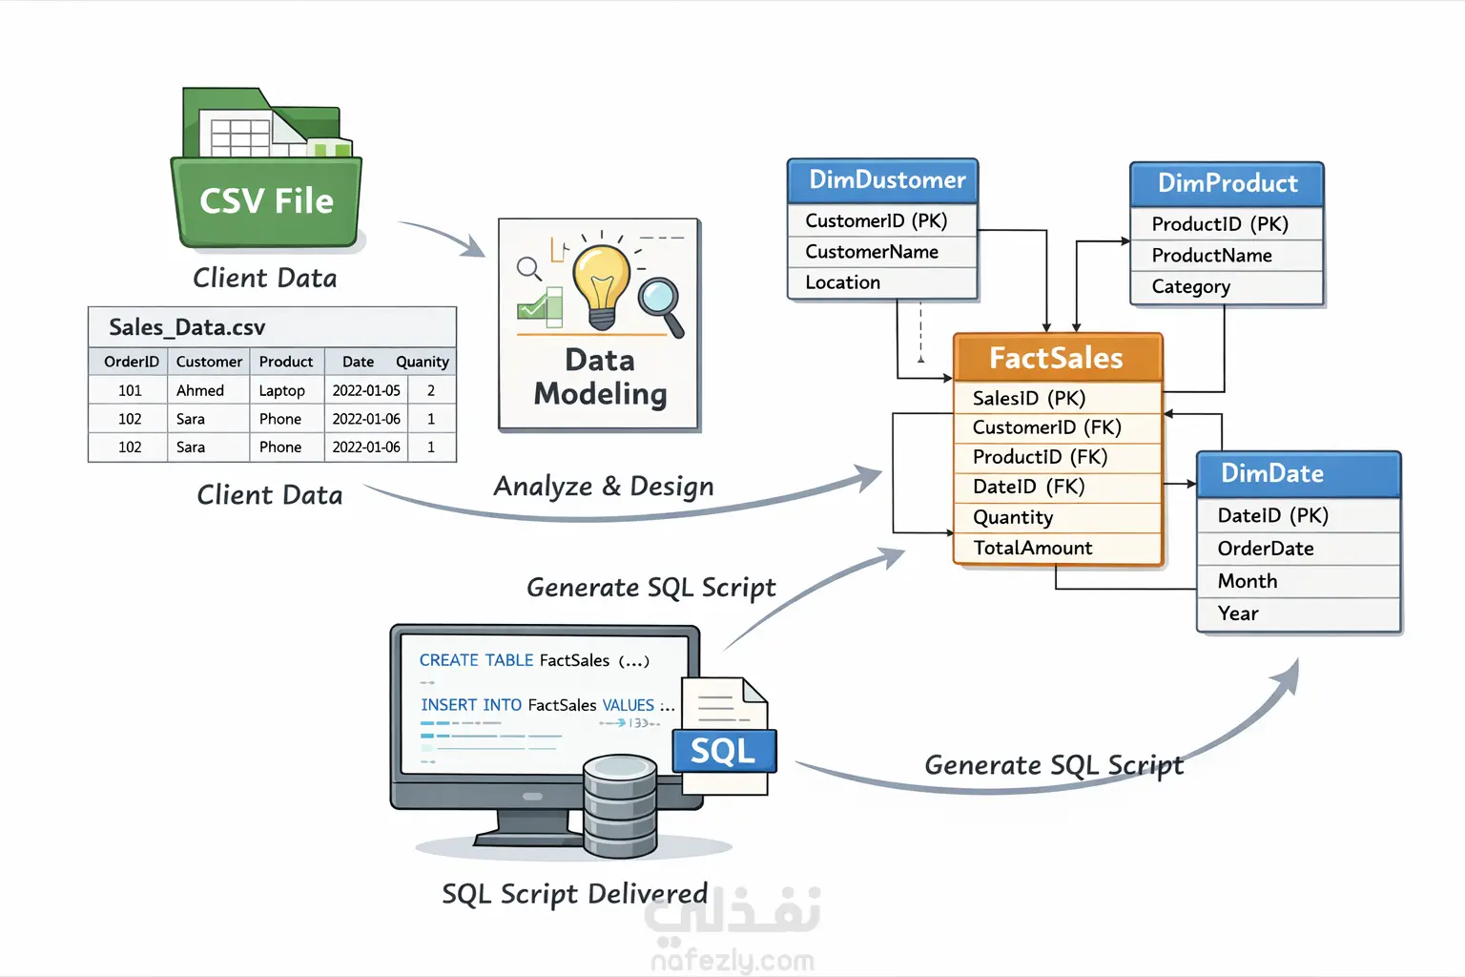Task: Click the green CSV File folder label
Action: pos(266,201)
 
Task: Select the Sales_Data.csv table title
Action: pos(187,327)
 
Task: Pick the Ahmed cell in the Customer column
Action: pos(200,390)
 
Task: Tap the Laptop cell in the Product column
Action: pos(281,390)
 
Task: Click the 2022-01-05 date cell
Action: pos(366,390)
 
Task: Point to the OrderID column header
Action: pos(132,362)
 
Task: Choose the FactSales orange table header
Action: pos(1057,358)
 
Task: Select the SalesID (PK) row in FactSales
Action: pos(1029,398)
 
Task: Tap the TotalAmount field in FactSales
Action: pos(1033,548)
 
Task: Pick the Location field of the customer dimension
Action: pos(843,282)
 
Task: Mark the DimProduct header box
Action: pos(1228,183)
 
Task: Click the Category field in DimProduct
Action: pos(1191,286)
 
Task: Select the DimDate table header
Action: pos(1272,473)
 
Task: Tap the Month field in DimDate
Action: pos(1248,581)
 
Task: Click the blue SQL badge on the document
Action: pos(723,751)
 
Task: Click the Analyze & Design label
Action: pos(604,486)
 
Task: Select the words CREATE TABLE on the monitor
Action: pos(476,660)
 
